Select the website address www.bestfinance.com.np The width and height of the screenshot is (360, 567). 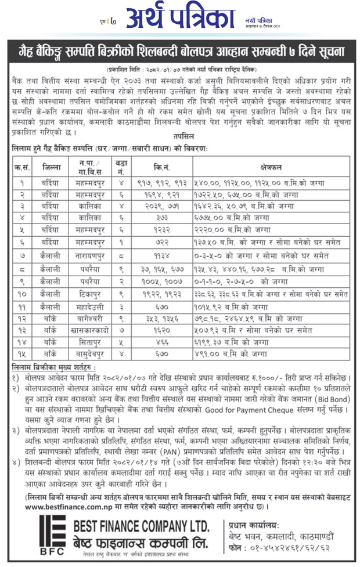59,507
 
